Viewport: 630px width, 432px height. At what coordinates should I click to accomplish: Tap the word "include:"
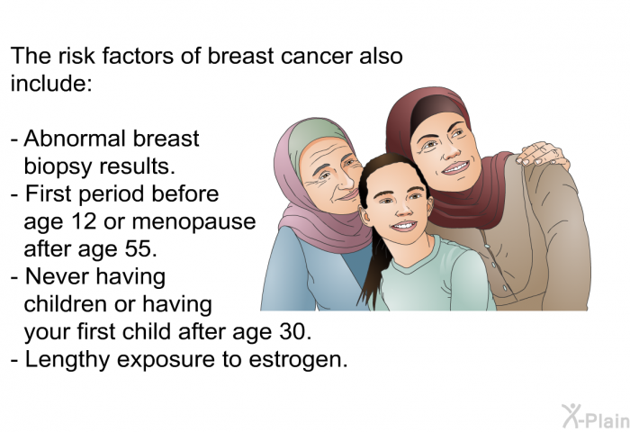pos(51,83)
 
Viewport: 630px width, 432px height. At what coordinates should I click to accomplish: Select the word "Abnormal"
pos(75,139)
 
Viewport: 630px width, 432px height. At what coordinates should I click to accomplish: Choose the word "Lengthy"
pos(67,360)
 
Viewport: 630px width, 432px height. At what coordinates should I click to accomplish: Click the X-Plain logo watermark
pos(596,417)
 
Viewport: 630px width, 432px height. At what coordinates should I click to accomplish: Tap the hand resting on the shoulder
pos(542,154)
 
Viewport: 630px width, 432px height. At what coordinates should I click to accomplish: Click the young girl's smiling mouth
pos(404,226)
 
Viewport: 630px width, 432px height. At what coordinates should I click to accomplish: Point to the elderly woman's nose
pos(346,180)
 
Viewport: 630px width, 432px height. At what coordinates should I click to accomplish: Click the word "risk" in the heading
pos(76,56)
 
